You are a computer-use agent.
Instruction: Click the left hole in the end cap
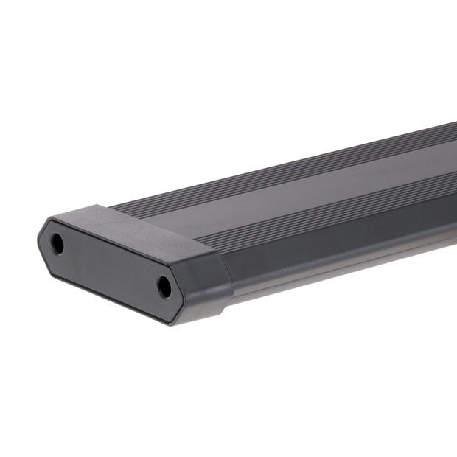(x=57, y=244)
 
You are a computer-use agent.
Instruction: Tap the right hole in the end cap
(x=164, y=287)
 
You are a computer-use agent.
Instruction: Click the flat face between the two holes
(x=111, y=265)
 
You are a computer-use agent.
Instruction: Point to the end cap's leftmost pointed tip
(x=38, y=237)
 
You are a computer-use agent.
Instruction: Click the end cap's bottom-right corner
(x=175, y=323)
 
